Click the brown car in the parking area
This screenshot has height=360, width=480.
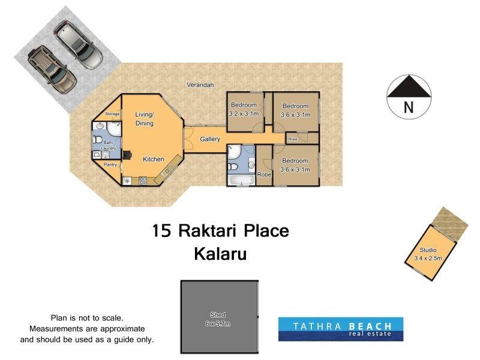pos(53,65)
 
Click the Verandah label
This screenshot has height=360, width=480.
pos(200,85)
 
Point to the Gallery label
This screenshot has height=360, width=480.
pos(210,140)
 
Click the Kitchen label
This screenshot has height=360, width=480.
pos(153,159)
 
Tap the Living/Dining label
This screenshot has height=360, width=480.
pos(144,119)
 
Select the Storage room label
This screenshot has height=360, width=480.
pos(113,113)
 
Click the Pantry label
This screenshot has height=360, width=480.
pos(110,164)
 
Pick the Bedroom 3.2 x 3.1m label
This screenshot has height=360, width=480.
pos(244,110)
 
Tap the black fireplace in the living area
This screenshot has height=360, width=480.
pos(127,155)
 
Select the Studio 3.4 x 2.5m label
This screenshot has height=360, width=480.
pos(428,254)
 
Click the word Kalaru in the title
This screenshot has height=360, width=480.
pos(220,253)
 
